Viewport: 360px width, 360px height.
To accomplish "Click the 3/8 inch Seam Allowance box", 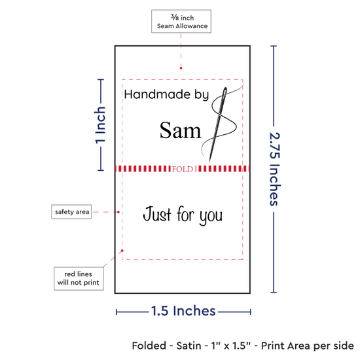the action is tap(181, 21).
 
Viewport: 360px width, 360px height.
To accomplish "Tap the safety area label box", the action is tap(71, 211).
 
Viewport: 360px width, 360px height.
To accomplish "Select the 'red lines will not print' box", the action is tap(79, 278).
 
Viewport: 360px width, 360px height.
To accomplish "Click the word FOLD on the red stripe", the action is tap(183, 169).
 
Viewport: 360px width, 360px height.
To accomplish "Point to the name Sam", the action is tap(180, 130).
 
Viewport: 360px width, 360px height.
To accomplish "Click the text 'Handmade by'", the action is tap(166, 95).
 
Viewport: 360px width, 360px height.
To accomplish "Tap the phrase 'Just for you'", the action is tap(183, 215).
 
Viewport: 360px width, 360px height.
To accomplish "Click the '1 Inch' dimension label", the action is tap(100, 126).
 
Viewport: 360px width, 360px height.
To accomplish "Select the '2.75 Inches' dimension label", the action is tap(274, 169).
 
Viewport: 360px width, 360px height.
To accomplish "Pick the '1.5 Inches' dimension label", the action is tap(183, 311).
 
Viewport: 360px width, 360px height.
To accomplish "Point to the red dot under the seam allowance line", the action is tap(181, 68).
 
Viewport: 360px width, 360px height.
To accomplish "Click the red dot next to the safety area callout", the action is tap(118, 212).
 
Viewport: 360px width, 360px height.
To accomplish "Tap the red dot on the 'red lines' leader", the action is tap(122, 251).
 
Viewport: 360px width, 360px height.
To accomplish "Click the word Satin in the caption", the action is tap(189, 346).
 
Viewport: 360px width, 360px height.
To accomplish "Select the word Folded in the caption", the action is tap(149, 346).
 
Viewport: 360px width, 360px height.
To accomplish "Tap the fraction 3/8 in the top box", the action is tap(175, 17).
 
